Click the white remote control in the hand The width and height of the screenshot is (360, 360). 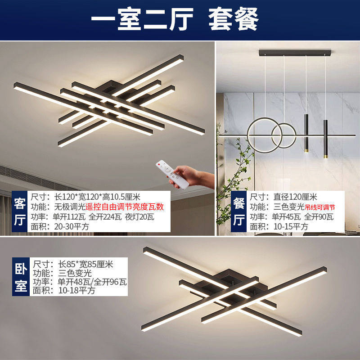pyautogui.click(x=174, y=174)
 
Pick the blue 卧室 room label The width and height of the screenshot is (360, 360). pyautogui.click(x=20, y=275)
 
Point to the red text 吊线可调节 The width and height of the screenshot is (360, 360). pyautogui.click(x=320, y=207)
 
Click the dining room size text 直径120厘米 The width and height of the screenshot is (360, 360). pyautogui.click(x=295, y=197)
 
